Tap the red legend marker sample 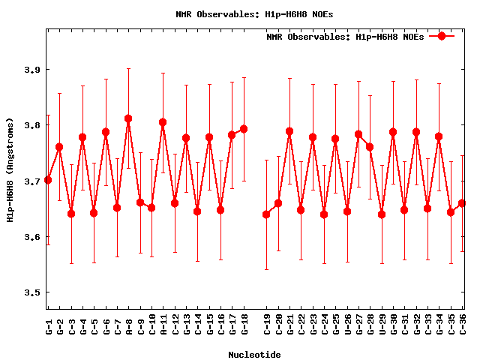tap(442, 36)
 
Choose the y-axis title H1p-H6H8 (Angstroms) tap(10, 170)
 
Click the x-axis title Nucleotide tap(255, 355)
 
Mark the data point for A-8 tap(128, 118)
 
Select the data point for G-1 tap(48, 180)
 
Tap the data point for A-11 tap(163, 122)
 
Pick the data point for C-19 tap(266, 214)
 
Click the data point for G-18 tap(244, 129)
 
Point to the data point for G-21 tap(289, 131)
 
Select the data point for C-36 tap(462, 203)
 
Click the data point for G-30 tap(393, 132)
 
